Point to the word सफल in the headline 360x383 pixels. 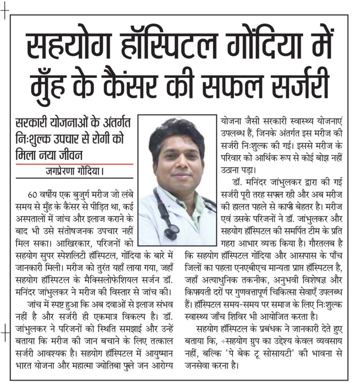(x=250, y=85)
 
